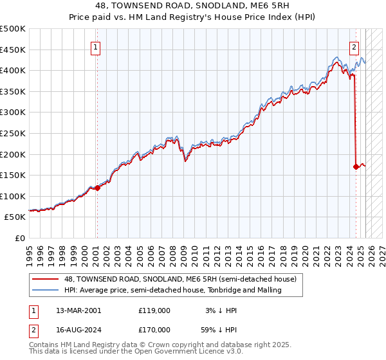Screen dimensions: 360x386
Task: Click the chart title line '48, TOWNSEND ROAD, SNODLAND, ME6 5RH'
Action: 193,6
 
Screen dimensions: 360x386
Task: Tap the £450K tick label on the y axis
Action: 14,50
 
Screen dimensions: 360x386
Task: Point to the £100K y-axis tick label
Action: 14,196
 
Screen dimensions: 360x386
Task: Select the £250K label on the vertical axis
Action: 14,133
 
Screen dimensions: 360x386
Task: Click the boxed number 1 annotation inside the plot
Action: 95,46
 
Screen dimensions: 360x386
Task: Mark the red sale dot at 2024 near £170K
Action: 356,166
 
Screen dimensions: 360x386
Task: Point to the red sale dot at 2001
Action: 97,188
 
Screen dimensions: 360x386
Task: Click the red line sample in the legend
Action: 45,279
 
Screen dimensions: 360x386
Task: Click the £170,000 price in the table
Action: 154,329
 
